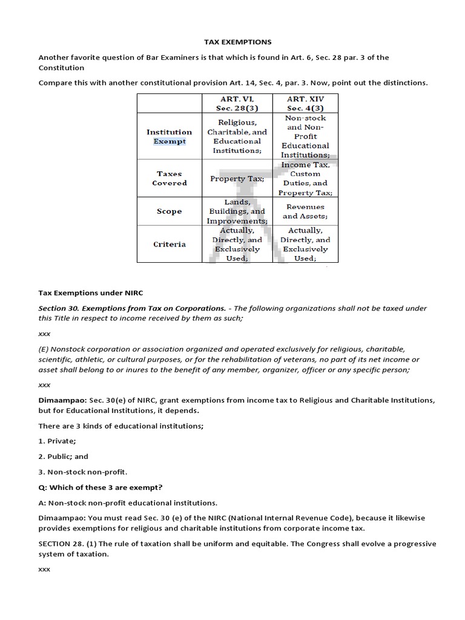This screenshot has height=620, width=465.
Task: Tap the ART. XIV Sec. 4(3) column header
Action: [305, 103]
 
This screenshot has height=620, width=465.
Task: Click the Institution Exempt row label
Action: [170, 136]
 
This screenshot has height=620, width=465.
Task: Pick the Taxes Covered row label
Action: [170, 178]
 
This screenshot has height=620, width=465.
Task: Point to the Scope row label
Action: [170, 211]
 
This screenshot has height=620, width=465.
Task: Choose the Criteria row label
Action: [170, 244]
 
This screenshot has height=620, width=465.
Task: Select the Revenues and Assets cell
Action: [305, 211]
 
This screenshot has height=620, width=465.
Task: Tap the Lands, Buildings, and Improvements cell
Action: [236, 211]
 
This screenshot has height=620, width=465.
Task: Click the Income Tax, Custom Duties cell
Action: [305, 178]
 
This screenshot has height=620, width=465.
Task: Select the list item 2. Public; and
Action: [64, 457]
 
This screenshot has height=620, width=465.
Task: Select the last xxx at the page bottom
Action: [44, 570]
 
